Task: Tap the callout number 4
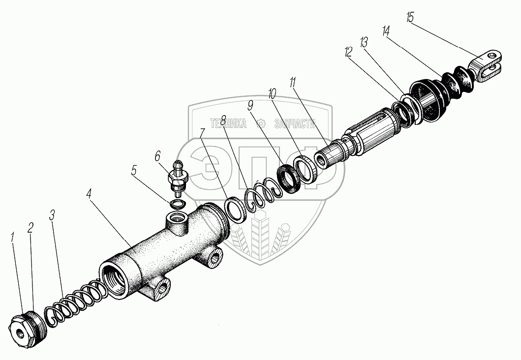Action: coord(89,193)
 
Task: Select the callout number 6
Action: coord(157,157)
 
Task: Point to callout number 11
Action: coord(293,82)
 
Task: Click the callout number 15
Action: coord(410,18)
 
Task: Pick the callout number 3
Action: coord(52,215)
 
